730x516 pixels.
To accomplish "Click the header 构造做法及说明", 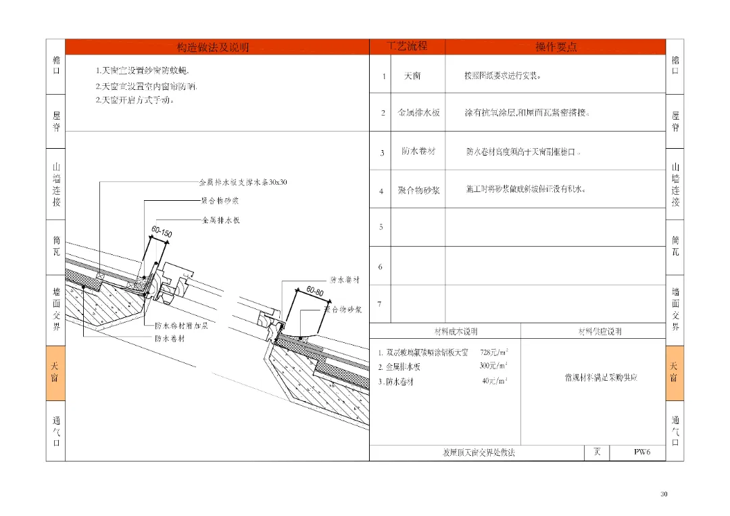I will click(x=212, y=47).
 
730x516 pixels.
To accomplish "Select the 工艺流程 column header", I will click(x=407, y=47).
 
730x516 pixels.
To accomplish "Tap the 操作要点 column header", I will click(x=556, y=47).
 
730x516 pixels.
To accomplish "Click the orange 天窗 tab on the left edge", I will click(x=55, y=372).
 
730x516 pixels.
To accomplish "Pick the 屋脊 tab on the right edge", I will click(x=675, y=121).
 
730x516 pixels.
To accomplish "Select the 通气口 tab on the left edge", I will click(x=55, y=431).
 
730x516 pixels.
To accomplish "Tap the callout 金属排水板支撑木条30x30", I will click(x=243, y=183).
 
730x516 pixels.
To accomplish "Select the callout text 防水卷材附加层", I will click(x=180, y=325).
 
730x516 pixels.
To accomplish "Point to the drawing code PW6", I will click(x=641, y=452).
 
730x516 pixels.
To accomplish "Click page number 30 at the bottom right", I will click(x=664, y=494).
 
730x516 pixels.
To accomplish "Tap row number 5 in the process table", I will click(x=381, y=227).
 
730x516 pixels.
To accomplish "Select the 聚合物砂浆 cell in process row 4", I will click(x=418, y=191).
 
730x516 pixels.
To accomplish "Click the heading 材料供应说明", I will click(x=600, y=331).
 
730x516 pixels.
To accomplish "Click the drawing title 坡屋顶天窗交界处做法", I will click(x=479, y=452).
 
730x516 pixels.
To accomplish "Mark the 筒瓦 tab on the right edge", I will click(x=675, y=245).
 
